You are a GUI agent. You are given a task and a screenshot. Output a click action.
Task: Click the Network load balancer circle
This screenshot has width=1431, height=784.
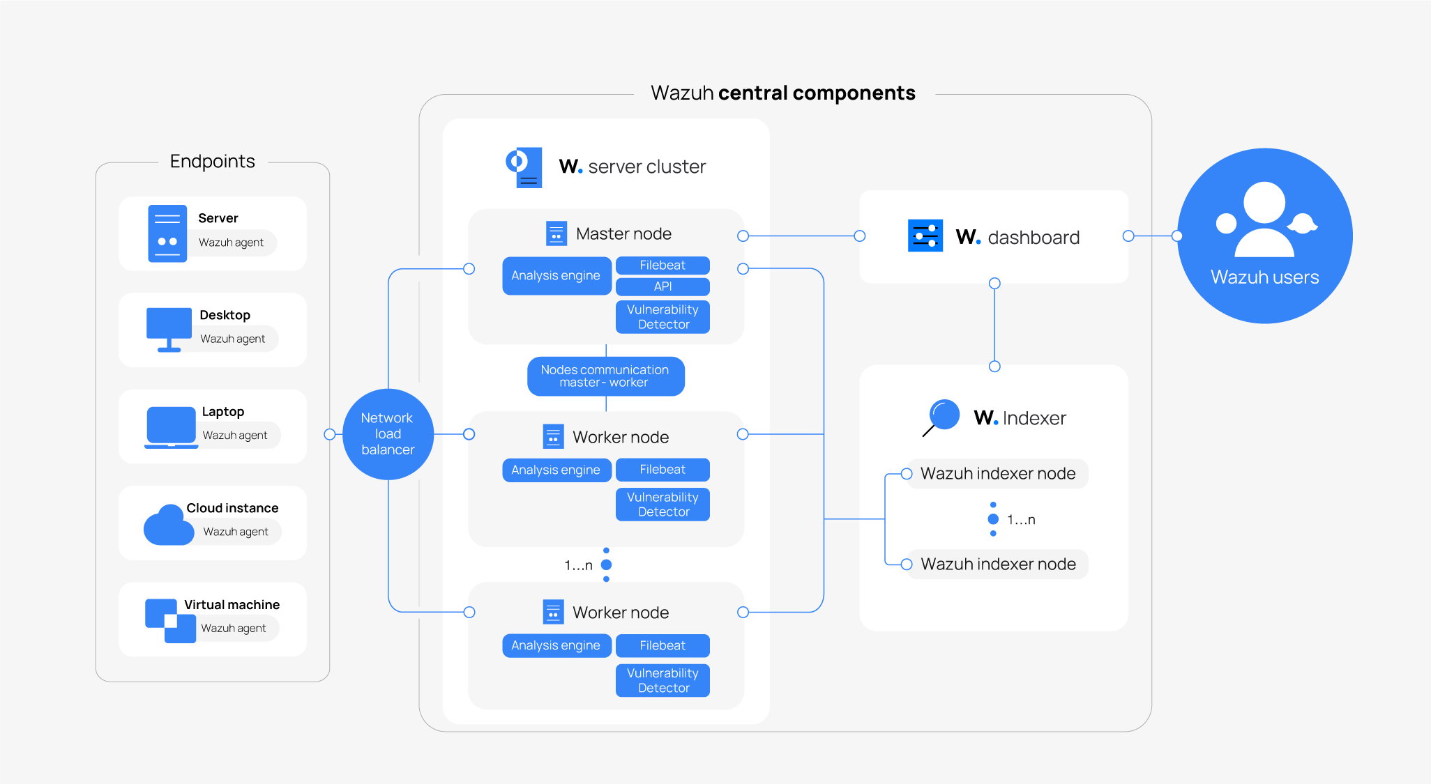click(x=388, y=434)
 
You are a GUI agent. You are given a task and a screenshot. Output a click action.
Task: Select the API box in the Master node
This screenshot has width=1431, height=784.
click(x=662, y=286)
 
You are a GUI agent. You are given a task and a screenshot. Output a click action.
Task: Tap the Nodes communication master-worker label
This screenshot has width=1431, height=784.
click(x=605, y=376)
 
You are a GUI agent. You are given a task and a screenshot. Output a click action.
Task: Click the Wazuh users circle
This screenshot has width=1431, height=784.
click(x=1264, y=236)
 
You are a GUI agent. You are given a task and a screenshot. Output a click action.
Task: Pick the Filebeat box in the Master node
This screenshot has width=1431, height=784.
click(x=662, y=266)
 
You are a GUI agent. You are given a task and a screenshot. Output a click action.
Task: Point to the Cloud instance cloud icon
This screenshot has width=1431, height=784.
click(x=168, y=525)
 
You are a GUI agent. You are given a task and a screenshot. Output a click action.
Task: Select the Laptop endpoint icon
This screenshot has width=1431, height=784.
click(x=171, y=426)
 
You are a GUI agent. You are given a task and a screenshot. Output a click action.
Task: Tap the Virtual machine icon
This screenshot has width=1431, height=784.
click(x=170, y=620)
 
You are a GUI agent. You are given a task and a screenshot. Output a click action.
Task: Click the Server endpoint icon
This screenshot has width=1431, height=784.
click(x=167, y=233)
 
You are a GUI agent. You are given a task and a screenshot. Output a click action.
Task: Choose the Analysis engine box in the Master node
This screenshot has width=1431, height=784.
click(x=556, y=276)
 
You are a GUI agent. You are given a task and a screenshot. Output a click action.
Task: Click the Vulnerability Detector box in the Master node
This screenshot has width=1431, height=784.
click(x=662, y=317)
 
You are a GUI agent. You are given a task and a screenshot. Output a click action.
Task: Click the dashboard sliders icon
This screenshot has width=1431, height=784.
click(x=925, y=236)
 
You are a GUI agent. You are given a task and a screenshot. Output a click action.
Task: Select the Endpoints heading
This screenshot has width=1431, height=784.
click(x=213, y=162)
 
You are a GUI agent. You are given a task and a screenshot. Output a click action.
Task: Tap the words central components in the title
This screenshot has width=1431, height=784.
click(x=817, y=93)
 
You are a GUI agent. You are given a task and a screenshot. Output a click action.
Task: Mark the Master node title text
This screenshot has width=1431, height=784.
click(x=623, y=234)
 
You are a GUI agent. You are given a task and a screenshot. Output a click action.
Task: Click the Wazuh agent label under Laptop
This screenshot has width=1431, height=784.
click(x=235, y=436)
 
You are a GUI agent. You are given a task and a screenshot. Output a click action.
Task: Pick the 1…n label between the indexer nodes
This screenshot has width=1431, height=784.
click(x=1021, y=520)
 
